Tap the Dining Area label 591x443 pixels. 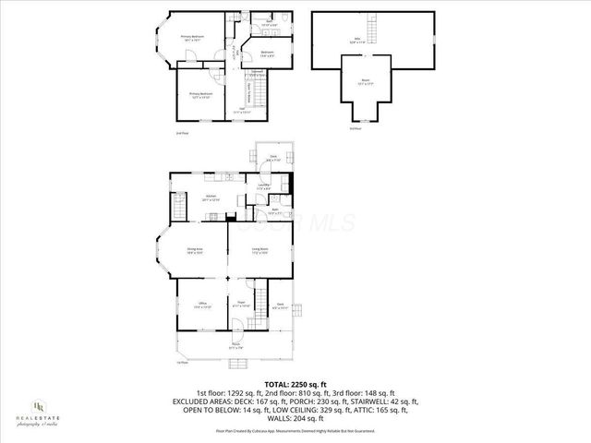(195, 250)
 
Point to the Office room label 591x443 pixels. (201, 305)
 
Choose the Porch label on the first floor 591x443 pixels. (236, 346)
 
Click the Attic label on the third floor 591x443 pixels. (357, 40)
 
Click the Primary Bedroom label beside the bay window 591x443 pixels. (191, 38)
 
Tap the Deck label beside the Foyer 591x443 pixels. (281, 305)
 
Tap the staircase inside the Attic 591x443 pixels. (376, 21)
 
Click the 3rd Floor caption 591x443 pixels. (356, 128)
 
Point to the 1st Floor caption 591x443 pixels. (182, 363)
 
